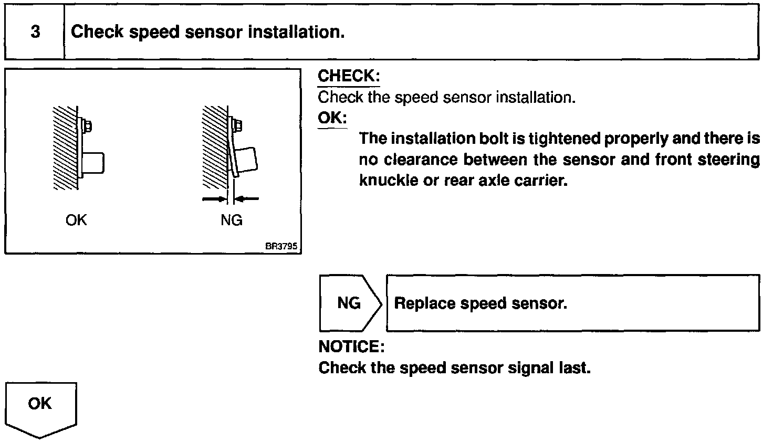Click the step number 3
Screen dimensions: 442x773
[35, 32]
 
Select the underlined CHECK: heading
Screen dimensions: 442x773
[348, 76]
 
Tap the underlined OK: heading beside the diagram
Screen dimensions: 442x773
[332, 118]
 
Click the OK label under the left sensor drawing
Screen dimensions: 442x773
[76, 220]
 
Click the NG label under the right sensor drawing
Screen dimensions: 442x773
[232, 220]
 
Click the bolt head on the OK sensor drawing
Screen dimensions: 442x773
[88, 127]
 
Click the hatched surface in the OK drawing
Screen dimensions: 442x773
[65, 147]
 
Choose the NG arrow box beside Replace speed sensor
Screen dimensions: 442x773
[349, 303]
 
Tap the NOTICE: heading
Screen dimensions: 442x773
[351, 347]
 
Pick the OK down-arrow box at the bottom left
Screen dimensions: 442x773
[40, 408]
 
